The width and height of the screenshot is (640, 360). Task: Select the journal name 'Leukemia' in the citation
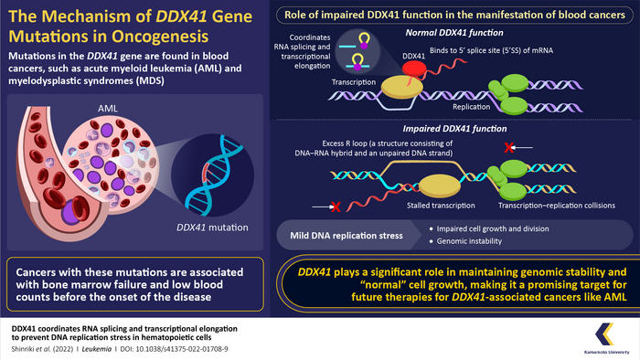87,348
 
